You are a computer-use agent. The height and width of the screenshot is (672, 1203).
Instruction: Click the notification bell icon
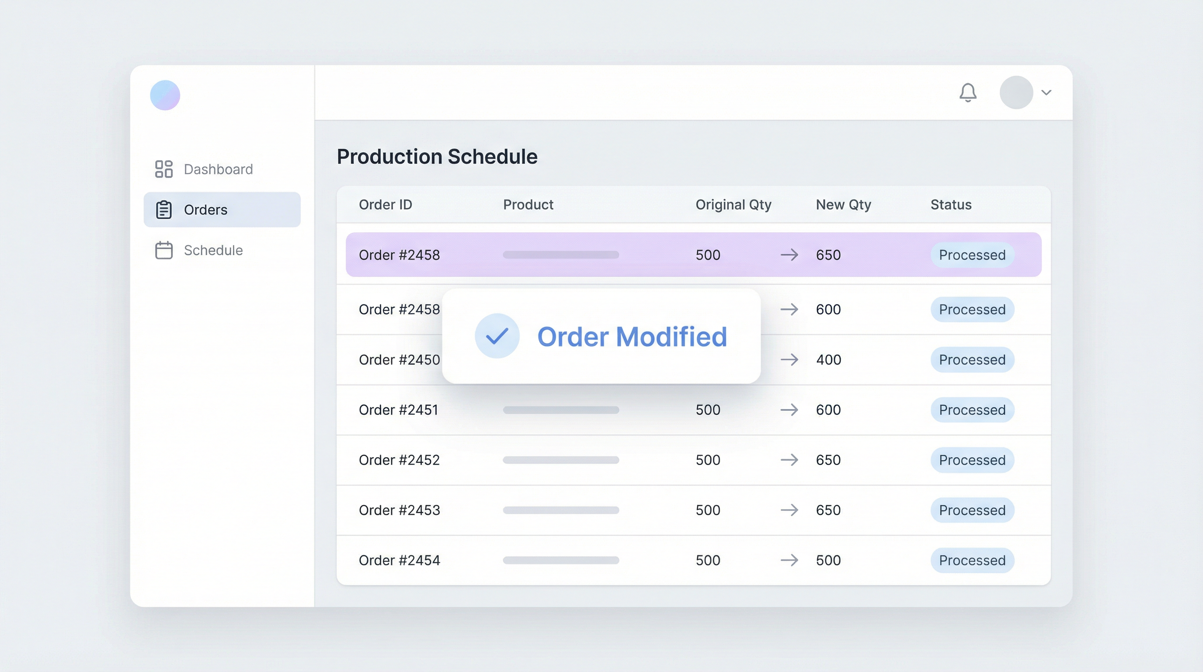968,92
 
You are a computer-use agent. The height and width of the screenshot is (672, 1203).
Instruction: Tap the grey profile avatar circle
1016,92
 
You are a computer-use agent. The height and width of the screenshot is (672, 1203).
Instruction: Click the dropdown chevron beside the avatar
1046,92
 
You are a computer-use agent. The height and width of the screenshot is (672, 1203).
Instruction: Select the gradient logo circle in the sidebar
165,95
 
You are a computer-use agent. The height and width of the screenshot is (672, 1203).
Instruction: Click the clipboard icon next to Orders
164,210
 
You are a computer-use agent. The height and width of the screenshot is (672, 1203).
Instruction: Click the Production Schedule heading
437,157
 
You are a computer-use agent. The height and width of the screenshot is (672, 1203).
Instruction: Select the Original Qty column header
733,205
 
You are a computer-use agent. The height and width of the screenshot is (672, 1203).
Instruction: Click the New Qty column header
843,205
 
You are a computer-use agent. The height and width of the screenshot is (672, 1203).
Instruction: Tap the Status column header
951,205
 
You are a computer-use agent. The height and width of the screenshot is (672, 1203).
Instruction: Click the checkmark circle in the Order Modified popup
497,336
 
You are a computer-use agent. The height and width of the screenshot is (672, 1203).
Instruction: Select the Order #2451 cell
398,410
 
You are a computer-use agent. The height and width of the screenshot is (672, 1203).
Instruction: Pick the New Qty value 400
828,360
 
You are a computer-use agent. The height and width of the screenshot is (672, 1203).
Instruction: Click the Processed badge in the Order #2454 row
972,560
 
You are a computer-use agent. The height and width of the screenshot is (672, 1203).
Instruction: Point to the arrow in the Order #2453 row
789,510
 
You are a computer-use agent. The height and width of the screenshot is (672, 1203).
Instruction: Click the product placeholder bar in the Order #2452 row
561,460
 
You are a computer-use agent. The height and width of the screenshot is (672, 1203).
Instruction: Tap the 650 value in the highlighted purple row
828,255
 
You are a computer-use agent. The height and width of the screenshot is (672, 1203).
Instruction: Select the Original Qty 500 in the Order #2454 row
708,560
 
